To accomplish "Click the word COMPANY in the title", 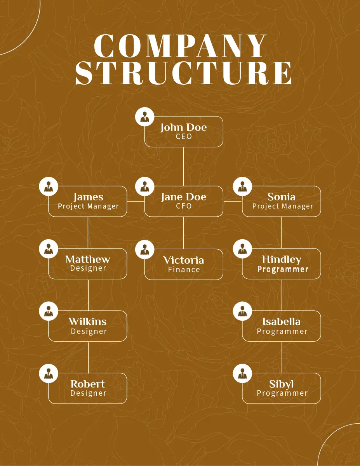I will [180, 47].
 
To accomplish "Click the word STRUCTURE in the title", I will [184, 73].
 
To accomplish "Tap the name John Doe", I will [184, 127].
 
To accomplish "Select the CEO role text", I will [184, 137].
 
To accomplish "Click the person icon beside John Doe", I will [145, 116].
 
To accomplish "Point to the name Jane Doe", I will [184, 197].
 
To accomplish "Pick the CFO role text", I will [184, 206].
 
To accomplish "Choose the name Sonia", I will [282, 197].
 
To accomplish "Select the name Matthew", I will [88, 259].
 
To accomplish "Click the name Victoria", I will [184, 260].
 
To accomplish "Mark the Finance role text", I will [184, 270].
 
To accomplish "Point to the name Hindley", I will [282, 259].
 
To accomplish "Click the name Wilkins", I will [88, 322].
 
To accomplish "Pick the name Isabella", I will [282, 322].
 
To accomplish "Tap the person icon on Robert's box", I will [49, 374].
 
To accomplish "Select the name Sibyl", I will [282, 384].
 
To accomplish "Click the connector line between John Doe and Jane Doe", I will [184, 166].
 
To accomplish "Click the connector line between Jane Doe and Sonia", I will [233, 202].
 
